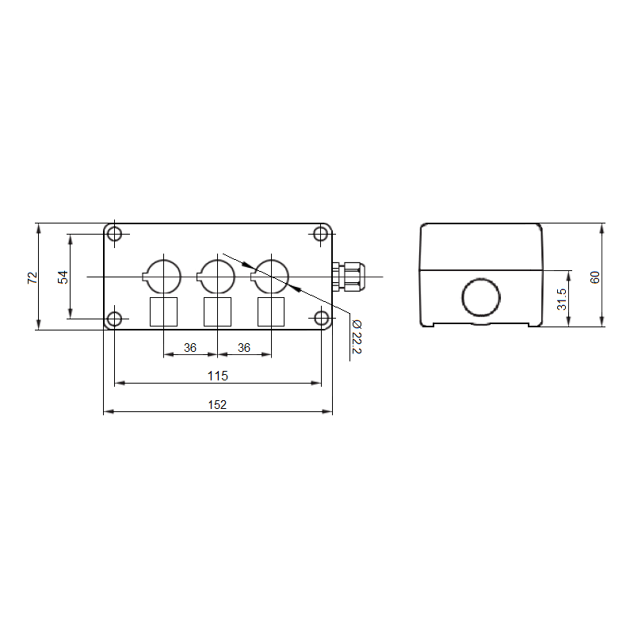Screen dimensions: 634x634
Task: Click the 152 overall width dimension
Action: (217, 404)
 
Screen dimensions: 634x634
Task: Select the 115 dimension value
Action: (217, 376)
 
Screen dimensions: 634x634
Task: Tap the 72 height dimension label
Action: (32, 278)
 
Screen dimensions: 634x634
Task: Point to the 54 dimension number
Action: (63, 277)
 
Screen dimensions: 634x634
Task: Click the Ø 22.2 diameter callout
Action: (357, 337)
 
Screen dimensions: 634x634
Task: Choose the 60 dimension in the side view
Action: (595, 277)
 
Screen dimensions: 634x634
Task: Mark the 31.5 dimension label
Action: (562, 300)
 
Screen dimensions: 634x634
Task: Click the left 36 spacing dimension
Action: (190, 348)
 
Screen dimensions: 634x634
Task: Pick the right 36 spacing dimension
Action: (244, 348)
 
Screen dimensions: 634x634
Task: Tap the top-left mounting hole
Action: (114, 234)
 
